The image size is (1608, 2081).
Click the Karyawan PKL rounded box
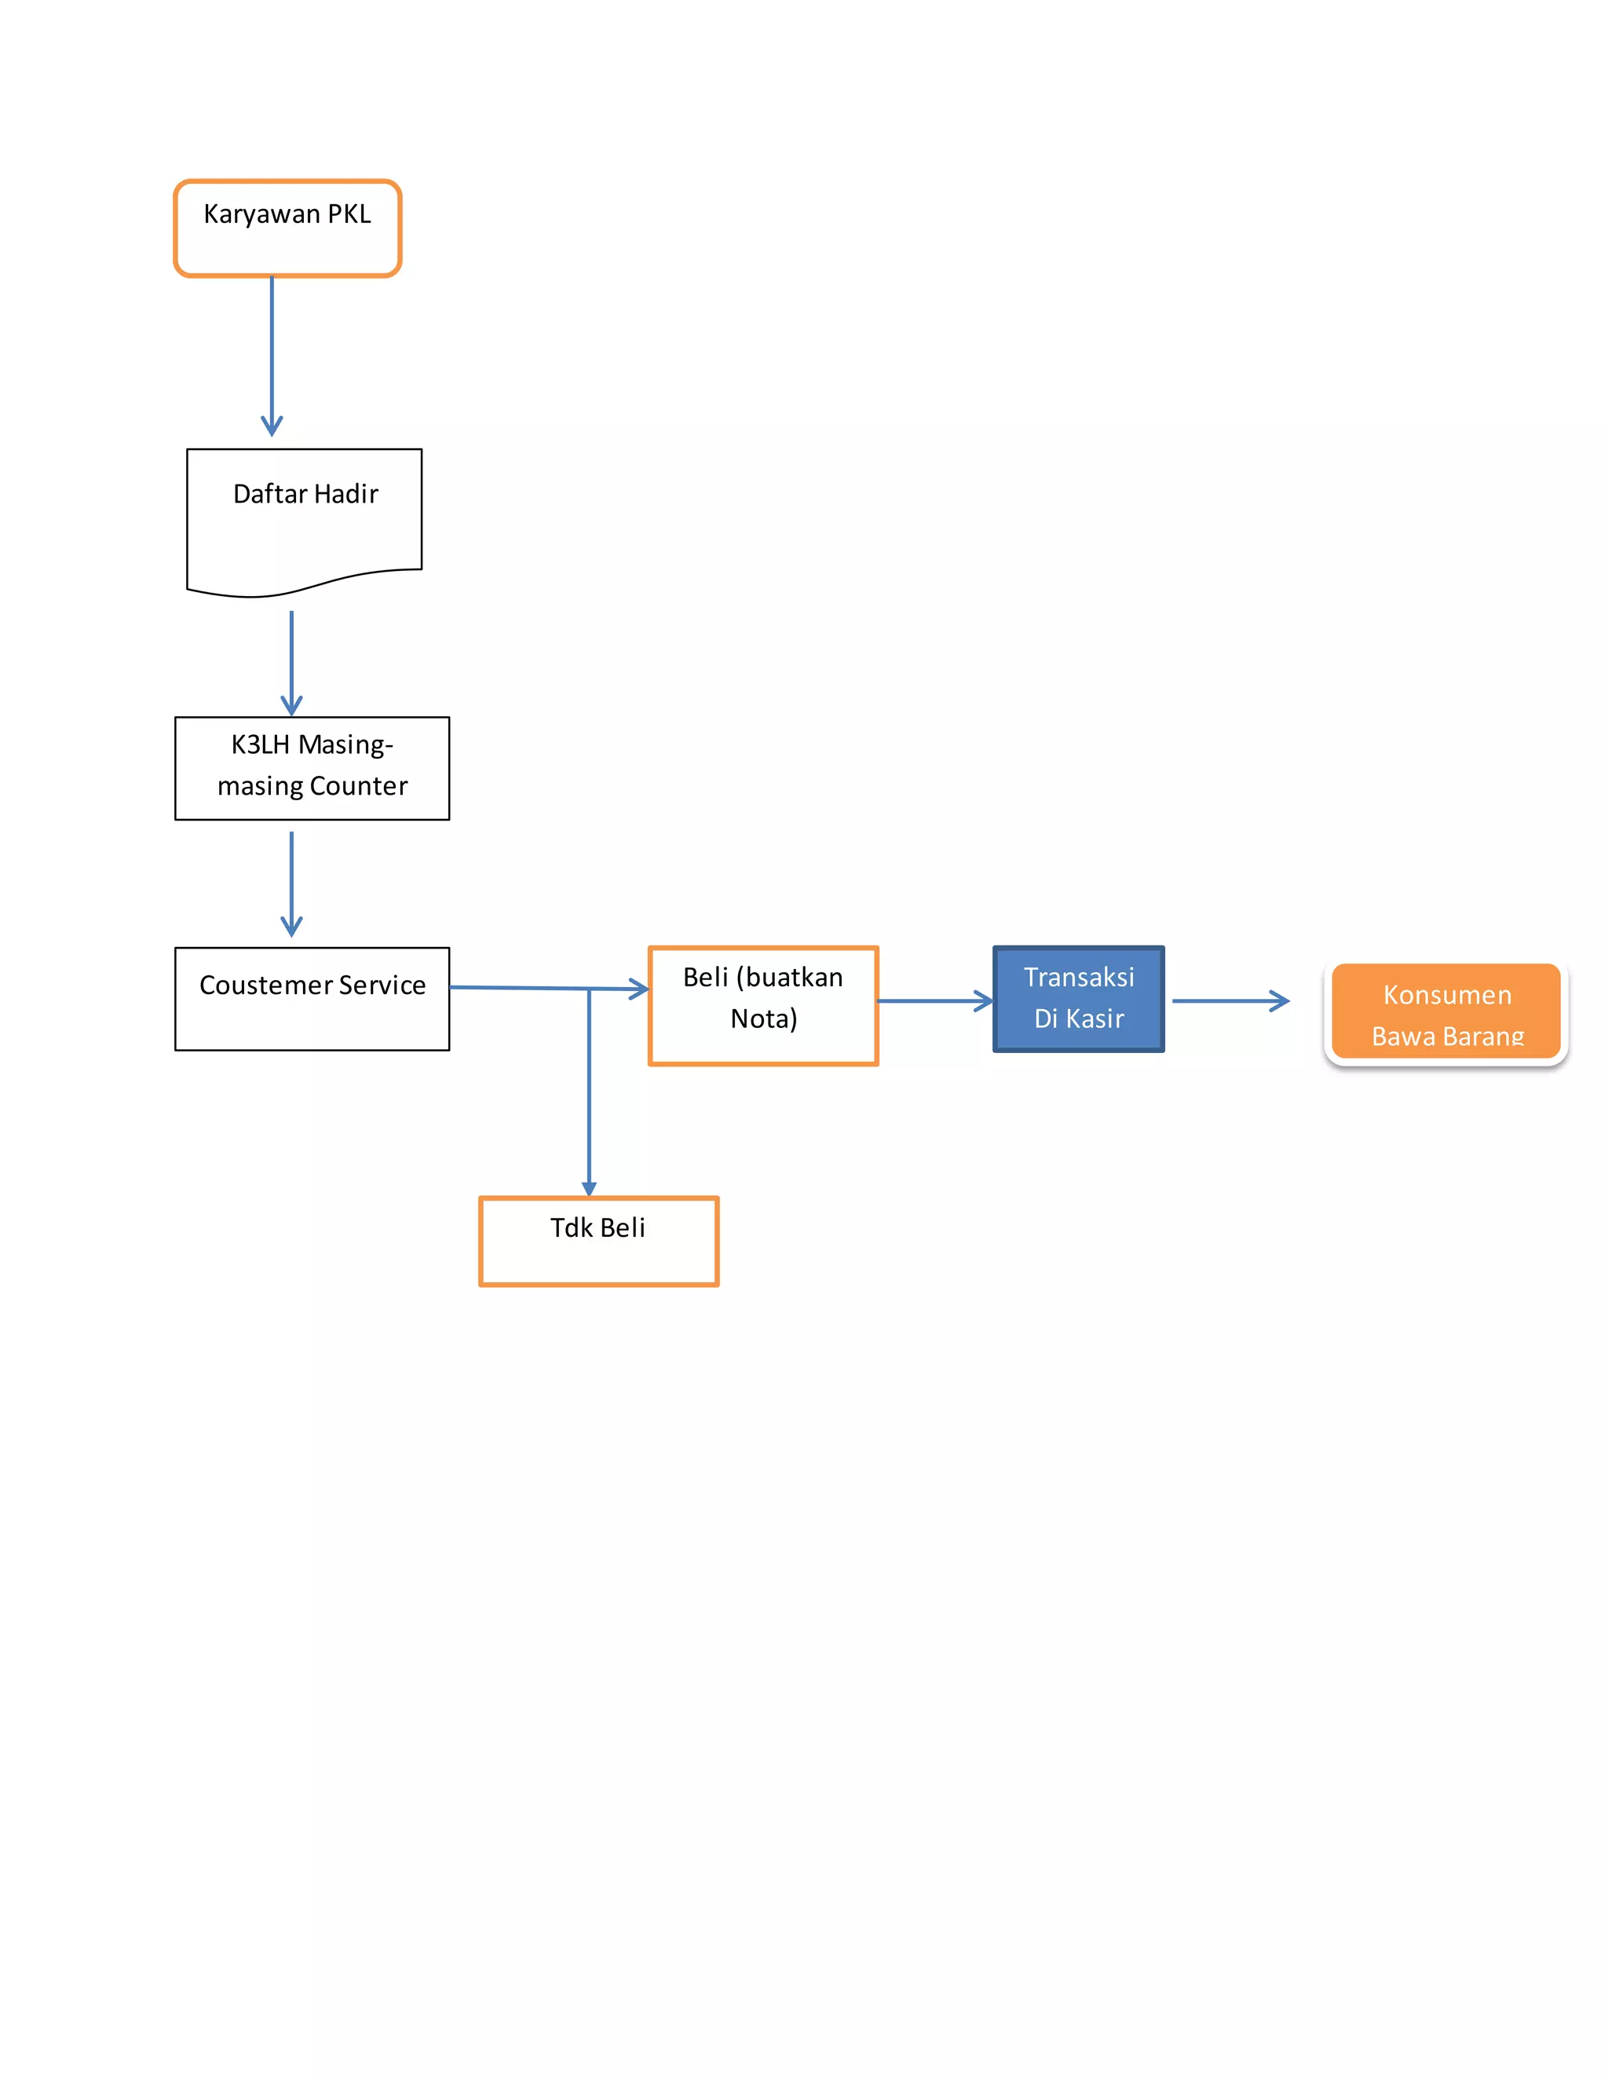coord(287,229)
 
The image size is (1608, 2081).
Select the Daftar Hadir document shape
coord(304,519)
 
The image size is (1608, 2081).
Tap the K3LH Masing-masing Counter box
coord(312,768)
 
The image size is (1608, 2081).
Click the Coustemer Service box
coord(312,999)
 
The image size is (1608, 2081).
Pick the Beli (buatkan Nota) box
coord(762,1005)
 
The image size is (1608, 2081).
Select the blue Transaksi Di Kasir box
coord(1077,999)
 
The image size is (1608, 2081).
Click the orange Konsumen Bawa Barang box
coord(1445,1013)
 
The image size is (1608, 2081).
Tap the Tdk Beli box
coord(598,1241)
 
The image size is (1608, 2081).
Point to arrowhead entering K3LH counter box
coord(291,706)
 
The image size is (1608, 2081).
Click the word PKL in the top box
coord(349,214)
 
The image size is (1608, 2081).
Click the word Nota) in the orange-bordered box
coord(763,1019)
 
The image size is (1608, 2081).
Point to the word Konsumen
coord(1446,995)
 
